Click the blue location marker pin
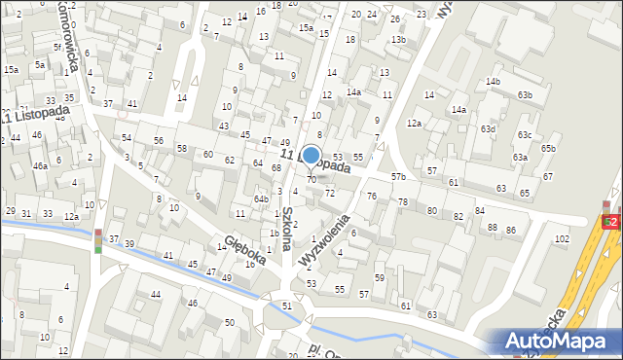point(311,156)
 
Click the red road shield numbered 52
point(610,222)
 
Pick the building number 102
point(562,238)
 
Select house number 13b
point(397,39)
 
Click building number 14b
point(493,81)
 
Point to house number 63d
point(488,128)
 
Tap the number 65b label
point(548,148)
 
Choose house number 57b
point(397,176)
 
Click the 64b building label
point(262,198)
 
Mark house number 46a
point(40,166)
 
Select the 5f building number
point(57,46)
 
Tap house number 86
point(510,231)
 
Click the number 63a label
point(520,157)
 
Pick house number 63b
point(525,94)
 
